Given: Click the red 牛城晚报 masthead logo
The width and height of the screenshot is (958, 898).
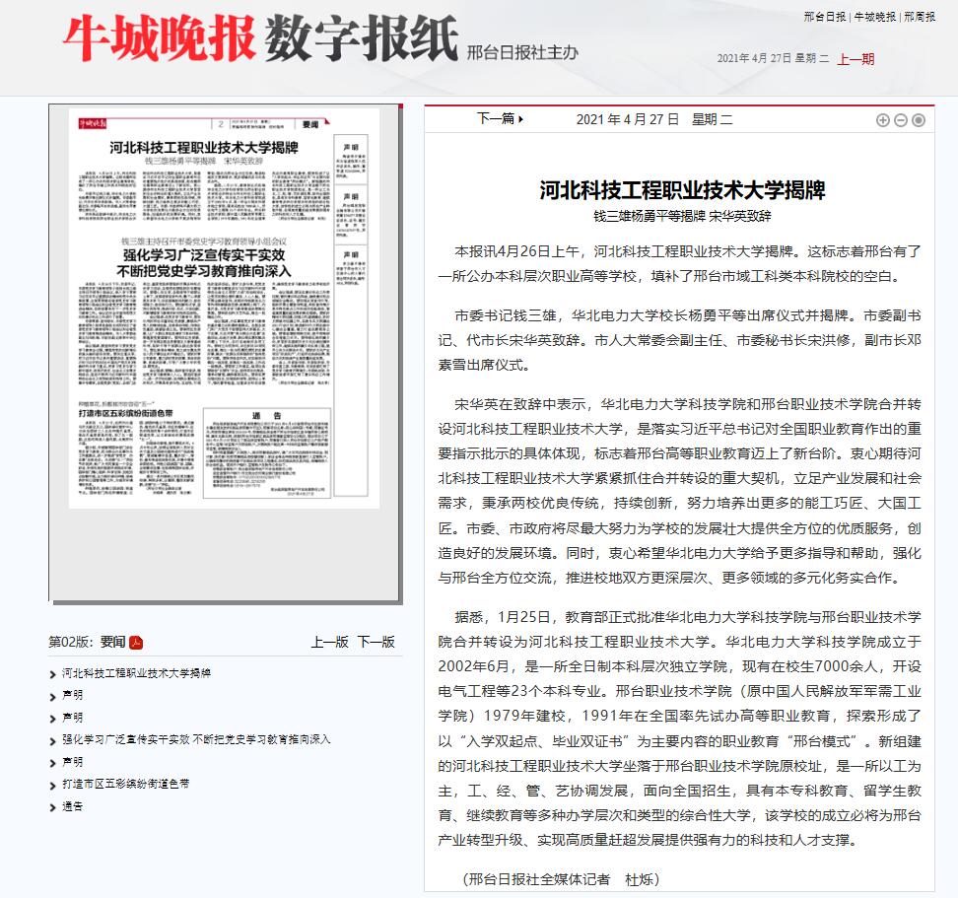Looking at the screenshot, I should coord(159,39).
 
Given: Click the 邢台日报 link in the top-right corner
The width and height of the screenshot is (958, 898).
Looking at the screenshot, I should coord(824,17).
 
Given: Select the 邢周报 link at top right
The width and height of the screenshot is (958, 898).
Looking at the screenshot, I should coord(920,17).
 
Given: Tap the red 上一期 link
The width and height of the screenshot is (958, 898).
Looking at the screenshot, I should coord(855,59).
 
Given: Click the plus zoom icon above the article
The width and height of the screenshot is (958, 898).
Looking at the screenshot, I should coord(883,120).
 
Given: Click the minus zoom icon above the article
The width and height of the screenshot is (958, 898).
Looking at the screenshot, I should coord(901,120).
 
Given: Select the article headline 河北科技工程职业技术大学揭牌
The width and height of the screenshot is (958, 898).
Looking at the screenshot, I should coord(682,189).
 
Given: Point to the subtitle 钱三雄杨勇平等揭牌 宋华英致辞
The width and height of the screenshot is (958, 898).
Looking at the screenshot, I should coord(682,215).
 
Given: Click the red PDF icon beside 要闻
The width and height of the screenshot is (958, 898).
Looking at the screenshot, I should coord(136,643).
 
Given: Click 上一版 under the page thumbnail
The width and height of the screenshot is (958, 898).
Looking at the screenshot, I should coord(329,642).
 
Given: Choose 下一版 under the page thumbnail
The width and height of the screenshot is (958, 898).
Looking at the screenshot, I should coord(376,642).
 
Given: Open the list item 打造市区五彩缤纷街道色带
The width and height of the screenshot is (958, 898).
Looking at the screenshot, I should coord(125,784).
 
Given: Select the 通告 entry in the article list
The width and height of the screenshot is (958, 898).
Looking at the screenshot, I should coord(72,806).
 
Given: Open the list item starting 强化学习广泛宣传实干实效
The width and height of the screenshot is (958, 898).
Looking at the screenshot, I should coord(196,738).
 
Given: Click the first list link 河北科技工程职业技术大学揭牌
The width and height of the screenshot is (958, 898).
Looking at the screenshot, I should coord(136,673).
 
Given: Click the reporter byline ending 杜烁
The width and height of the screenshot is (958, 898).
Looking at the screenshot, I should coord(560,878).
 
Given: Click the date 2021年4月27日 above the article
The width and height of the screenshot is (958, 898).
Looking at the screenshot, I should coord(628,119).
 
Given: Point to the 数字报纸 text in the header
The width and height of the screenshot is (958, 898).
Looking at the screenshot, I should coord(362,39).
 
